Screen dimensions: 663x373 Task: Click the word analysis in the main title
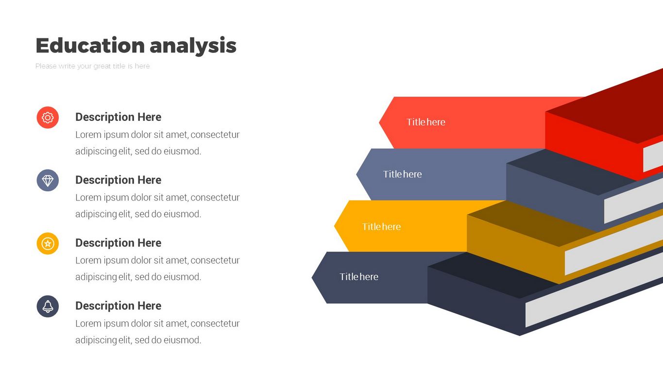tap(193, 46)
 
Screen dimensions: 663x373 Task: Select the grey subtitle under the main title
tap(93, 66)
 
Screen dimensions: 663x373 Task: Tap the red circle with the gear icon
tap(48, 118)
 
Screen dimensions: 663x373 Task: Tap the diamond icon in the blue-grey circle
tap(48, 180)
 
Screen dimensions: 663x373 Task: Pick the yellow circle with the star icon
tap(48, 243)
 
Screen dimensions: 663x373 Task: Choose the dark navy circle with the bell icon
tap(48, 306)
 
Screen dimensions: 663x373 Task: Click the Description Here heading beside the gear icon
tap(119, 117)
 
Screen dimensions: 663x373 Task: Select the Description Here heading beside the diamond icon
tap(119, 180)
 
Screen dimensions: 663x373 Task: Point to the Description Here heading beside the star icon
tap(119, 243)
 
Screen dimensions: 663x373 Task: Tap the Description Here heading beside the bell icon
tap(119, 305)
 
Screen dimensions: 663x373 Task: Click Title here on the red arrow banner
tap(426, 122)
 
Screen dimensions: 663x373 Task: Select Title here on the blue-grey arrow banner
tap(403, 174)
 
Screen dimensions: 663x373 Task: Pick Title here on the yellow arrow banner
tap(381, 226)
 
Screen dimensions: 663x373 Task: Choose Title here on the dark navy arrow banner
tap(359, 277)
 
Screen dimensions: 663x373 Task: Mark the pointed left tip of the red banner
tap(379, 122)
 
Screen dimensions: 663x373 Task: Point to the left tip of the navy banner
tap(312, 277)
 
